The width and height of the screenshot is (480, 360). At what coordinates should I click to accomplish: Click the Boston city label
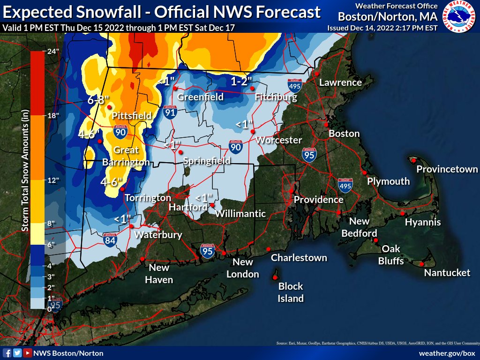tap(344, 134)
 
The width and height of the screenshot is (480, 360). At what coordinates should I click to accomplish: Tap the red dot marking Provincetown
tap(414, 160)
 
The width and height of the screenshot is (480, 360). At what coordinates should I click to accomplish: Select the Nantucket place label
tap(447, 272)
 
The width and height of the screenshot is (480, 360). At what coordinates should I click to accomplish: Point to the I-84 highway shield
tap(110, 240)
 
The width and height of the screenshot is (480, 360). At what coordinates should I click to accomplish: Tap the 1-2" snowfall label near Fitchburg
tap(242, 81)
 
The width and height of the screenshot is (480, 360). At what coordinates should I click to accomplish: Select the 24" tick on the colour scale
tap(51, 52)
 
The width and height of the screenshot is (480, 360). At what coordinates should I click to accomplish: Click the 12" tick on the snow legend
tap(51, 180)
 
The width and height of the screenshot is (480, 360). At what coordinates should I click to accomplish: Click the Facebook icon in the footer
tap(7, 353)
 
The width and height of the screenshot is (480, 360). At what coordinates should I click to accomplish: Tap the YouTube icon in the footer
tap(28, 353)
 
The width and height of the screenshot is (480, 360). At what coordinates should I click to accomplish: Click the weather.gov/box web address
tap(447, 353)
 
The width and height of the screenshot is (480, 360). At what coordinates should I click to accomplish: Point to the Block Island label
tap(291, 292)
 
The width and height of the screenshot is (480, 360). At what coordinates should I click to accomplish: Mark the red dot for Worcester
tap(252, 131)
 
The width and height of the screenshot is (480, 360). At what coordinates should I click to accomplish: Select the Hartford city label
tap(188, 207)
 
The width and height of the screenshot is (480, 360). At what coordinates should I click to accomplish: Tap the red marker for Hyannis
tap(402, 214)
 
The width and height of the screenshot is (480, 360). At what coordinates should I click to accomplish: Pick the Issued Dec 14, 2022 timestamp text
tap(382, 28)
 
